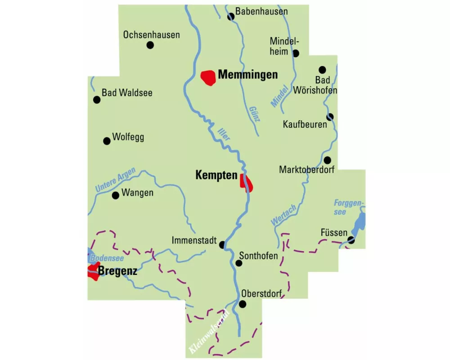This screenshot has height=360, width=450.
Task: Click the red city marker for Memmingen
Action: click(208, 77)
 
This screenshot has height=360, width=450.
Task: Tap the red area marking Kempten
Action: click(247, 182)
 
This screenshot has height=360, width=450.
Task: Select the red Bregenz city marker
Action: click(94, 272)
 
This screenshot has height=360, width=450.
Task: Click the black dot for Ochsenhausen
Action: click(150, 45)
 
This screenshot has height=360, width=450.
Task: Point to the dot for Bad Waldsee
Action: click(96, 100)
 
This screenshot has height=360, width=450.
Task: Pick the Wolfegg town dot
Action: click(107, 141)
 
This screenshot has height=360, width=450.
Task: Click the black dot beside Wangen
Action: click(115, 195)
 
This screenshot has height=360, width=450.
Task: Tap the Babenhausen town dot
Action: click(231, 17)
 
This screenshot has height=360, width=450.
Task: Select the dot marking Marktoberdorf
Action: click(328, 160)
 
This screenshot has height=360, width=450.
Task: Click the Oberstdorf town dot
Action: click(243, 304)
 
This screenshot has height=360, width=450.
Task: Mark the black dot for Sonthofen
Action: click(239, 263)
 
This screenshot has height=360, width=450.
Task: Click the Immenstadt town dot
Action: click(222, 245)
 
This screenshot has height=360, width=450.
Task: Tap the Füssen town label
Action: click(334, 233)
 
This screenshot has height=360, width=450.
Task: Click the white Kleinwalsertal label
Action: click(210, 331)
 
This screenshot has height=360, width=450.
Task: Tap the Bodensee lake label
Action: click(107, 258)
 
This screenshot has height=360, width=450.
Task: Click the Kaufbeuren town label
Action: click(305, 124)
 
